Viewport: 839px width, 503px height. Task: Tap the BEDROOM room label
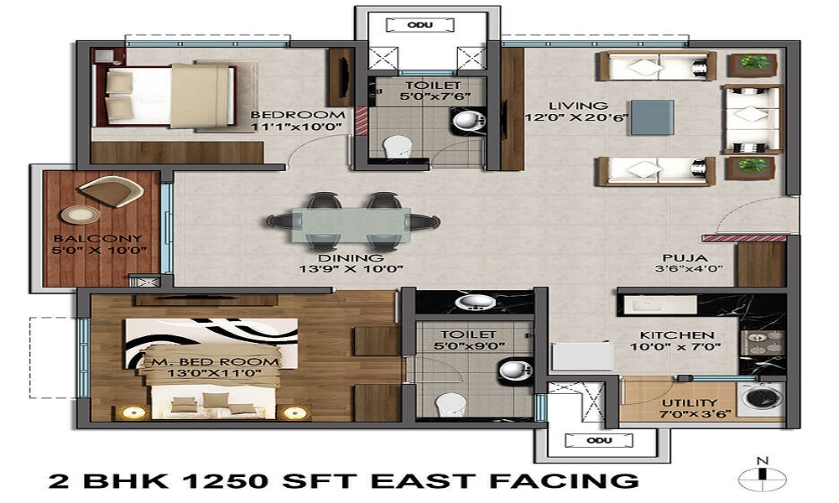pyautogui.click(x=298, y=114)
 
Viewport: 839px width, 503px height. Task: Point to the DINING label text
pyautogui.click(x=351, y=257)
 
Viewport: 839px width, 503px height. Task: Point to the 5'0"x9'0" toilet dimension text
pyautogui.click(x=456, y=345)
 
